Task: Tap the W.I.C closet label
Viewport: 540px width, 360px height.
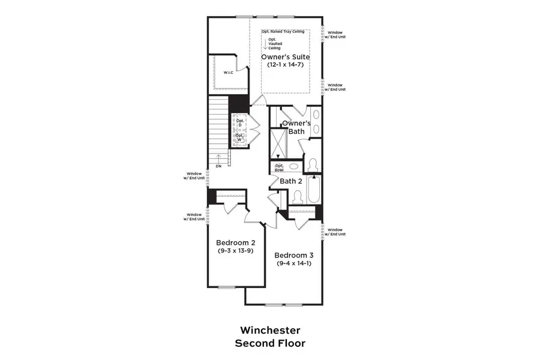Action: point(228,73)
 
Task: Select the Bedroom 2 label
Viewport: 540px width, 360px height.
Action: point(236,242)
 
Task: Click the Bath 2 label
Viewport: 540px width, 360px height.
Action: point(291,181)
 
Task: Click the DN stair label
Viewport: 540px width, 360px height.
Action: point(218,166)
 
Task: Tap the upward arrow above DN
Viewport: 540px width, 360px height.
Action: point(218,157)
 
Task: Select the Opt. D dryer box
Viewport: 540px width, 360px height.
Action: point(241,123)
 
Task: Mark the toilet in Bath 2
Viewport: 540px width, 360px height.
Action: point(296,196)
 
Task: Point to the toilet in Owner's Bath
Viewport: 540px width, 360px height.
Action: point(312,163)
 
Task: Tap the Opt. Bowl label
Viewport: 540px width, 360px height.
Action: point(279,168)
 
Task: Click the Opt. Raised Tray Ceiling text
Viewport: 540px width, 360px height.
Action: point(283,31)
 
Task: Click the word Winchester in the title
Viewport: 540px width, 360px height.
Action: point(270,330)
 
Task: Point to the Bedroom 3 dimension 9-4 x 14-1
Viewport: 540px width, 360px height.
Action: point(295,263)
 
